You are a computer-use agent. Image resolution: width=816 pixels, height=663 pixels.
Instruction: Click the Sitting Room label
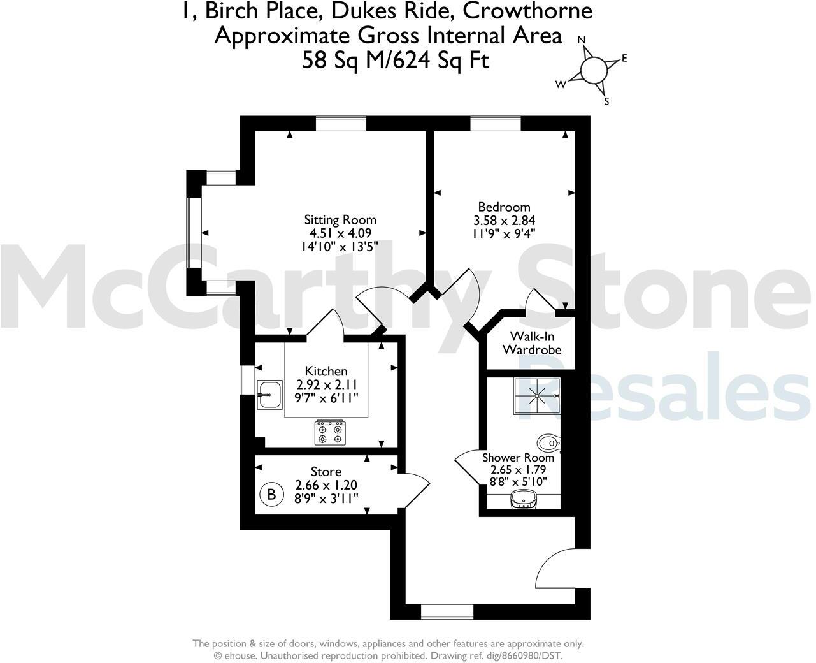pyautogui.click(x=340, y=220)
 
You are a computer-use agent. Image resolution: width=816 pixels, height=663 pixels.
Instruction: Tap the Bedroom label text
pyautogui.click(x=504, y=207)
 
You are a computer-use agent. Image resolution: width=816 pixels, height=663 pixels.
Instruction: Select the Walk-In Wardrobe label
pyautogui.click(x=531, y=343)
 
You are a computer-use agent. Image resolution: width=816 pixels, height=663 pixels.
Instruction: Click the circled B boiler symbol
pyautogui.click(x=272, y=493)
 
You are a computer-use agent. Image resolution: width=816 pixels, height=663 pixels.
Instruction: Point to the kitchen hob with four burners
pyautogui.click(x=330, y=432)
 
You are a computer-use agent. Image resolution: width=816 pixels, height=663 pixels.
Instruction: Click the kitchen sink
pyautogui.click(x=269, y=395)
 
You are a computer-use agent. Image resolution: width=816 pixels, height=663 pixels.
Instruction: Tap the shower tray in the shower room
pyautogui.click(x=536, y=396)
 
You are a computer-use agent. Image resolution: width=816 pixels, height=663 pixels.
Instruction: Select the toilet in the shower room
pyautogui.click(x=547, y=442)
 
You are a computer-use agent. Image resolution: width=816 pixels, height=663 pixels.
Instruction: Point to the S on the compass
pyautogui.click(x=606, y=101)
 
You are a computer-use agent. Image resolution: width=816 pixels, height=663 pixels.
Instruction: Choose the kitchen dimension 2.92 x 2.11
pyautogui.click(x=327, y=384)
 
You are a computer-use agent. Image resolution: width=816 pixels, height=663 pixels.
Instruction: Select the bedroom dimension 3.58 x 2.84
pyautogui.click(x=503, y=221)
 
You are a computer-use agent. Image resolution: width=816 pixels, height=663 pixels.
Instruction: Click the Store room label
pyautogui.click(x=326, y=472)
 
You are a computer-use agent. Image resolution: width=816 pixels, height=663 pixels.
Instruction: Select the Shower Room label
pyautogui.click(x=518, y=458)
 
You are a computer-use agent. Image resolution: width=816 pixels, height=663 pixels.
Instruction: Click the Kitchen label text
pyautogui.click(x=326, y=371)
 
